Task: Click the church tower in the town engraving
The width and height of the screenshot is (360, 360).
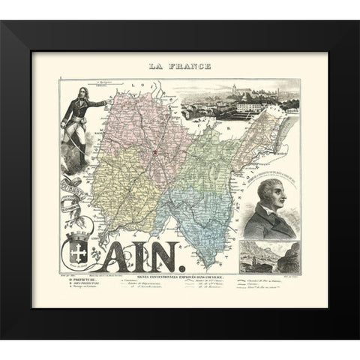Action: pos(240,84)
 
